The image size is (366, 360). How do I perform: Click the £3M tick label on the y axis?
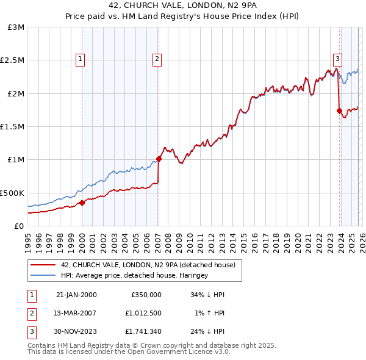point(16,27)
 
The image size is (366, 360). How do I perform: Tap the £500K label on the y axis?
point(13,192)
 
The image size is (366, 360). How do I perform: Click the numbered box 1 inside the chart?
point(81,59)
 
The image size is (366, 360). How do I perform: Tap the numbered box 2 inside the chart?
point(157,59)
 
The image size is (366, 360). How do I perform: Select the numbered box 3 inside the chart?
point(337,59)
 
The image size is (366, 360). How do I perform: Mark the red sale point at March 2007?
point(159,159)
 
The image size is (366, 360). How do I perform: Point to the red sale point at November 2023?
point(339,110)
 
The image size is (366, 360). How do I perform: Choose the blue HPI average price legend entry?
point(134,276)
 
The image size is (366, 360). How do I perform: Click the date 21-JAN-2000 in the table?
point(76,295)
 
